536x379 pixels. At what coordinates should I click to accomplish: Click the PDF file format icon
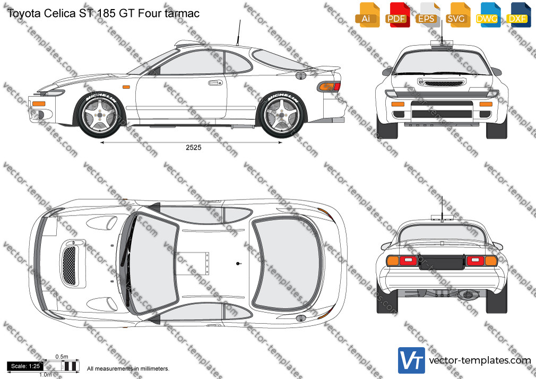tap(397, 15)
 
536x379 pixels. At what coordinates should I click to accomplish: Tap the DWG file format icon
tap(489, 15)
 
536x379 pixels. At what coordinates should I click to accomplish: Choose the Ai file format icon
tap(367, 15)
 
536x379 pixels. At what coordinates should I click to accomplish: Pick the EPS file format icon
tap(429, 15)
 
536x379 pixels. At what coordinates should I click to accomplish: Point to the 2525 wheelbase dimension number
tap(194, 148)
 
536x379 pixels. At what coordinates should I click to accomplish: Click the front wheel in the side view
tap(100, 115)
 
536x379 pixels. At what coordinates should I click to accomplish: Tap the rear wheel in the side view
tap(282, 115)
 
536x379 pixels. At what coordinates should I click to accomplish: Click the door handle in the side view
tap(215, 82)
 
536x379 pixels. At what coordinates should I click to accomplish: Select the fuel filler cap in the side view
tap(301, 75)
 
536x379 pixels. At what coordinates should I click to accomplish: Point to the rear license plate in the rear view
tap(442, 262)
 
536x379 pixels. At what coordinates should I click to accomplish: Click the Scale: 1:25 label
tap(25, 366)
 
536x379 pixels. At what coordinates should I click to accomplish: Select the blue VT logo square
tap(412, 360)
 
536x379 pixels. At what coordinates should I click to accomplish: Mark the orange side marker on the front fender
tap(126, 87)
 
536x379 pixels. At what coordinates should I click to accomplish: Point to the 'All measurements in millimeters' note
tap(128, 369)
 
